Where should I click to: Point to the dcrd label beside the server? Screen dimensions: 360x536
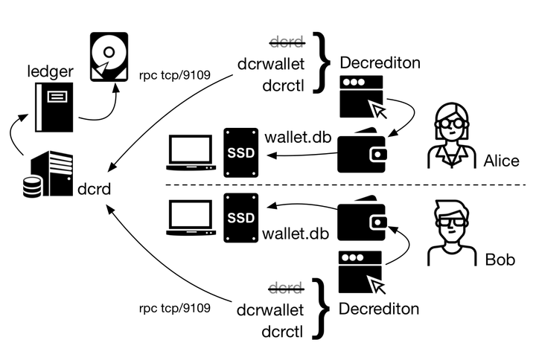94,189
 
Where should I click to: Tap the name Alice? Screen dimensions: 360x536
501,161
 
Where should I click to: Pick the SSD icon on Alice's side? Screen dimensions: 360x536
240,152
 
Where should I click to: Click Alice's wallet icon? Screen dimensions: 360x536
362,150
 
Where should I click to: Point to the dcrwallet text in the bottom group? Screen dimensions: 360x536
269,308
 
